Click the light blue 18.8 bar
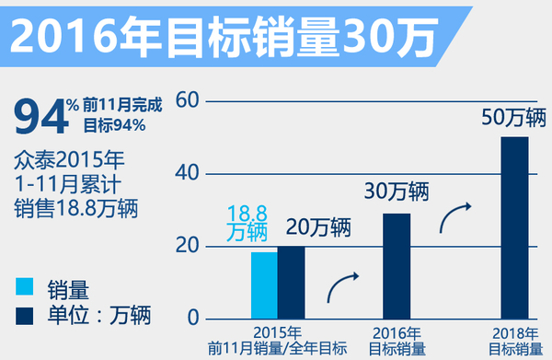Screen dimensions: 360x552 tap(264, 285)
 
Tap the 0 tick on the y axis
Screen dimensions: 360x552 tap(192, 318)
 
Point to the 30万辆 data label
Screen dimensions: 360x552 tap(396, 192)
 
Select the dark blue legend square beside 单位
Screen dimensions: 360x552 tap(25, 315)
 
